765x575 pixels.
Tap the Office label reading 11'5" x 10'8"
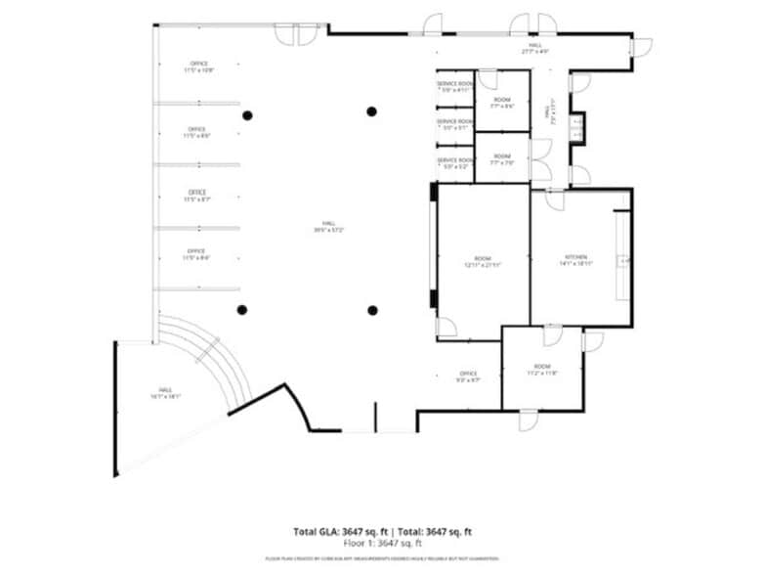click(197, 67)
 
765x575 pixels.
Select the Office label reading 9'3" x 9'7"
click(467, 376)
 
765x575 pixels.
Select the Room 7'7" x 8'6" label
click(502, 103)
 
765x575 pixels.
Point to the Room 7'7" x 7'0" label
click(501, 160)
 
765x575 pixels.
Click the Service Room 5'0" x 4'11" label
click(454, 87)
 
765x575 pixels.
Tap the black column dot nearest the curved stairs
click(242, 310)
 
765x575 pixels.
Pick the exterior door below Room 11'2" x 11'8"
click(529, 420)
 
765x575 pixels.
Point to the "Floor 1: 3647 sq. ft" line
click(382, 543)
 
